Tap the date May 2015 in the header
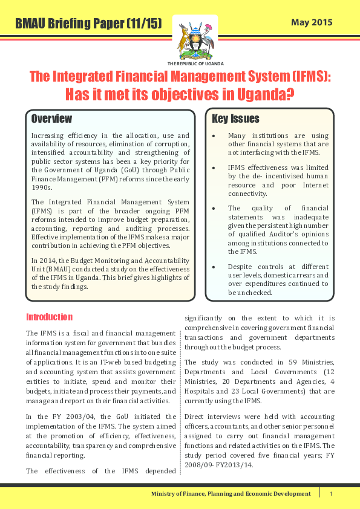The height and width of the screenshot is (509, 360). (312, 23)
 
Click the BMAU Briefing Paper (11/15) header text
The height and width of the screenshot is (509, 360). (88, 24)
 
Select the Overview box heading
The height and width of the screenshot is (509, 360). (51, 118)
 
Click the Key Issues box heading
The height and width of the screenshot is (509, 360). (235, 118)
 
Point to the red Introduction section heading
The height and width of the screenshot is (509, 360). (49, 317)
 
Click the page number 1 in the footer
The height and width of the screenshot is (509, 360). (331, 494)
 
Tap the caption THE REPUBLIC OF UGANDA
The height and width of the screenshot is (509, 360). (195, 63)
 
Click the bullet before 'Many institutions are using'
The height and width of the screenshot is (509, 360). (214, 136)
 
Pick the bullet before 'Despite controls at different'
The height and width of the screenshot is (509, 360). (214, 266)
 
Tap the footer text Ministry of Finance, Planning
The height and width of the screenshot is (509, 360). (231, 494)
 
